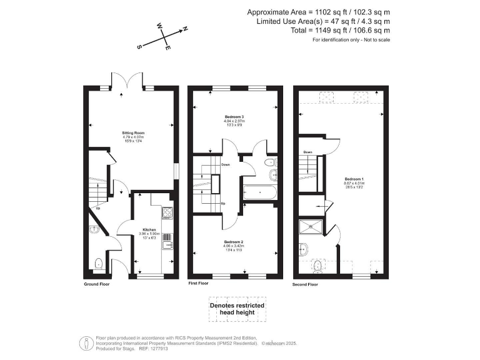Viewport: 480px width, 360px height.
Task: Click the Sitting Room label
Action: click(133, 133)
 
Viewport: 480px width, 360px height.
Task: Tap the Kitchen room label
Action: click(149, 230)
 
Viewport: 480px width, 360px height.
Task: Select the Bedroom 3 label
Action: click(234, 117)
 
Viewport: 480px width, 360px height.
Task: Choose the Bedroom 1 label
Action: click(353, 179)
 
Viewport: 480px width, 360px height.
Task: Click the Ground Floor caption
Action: click(97, 284)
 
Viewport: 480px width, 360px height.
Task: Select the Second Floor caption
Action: click(306, 284)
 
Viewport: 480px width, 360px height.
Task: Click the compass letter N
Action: click(185, 29)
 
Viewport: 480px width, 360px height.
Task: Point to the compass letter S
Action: click(139, 46)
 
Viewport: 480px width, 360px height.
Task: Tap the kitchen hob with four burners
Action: click(167, 213)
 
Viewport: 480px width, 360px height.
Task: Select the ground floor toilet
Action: click(98, 263)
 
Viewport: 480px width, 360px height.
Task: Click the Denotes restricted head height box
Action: click(237, 310)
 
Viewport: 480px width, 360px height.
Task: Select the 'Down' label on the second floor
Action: click(307, 152)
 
